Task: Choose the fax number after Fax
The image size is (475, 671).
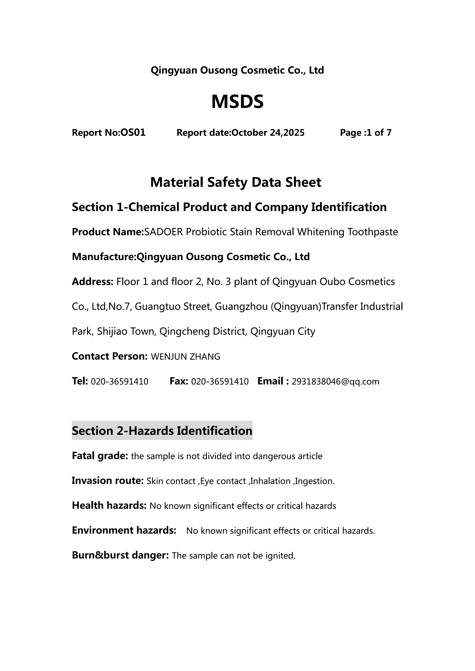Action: (220, 382)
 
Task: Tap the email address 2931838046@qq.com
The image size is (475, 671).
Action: (335, 382)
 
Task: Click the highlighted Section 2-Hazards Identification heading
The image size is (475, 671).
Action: (162, 431)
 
